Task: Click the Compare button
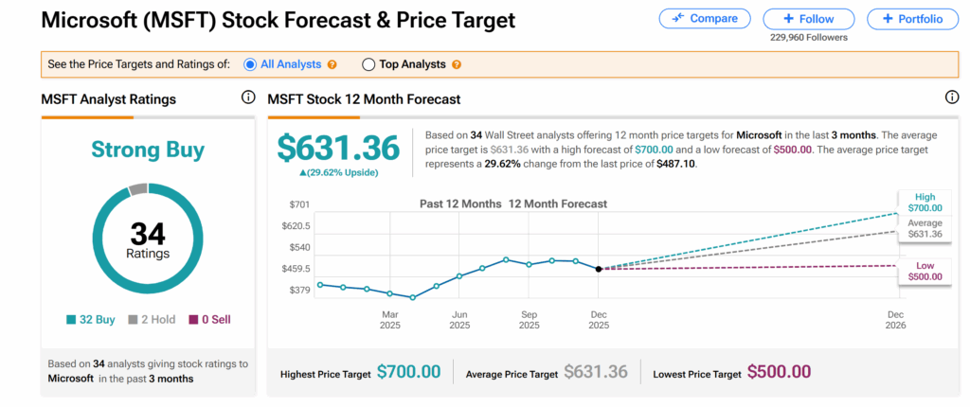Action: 704,19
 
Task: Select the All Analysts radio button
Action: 250,64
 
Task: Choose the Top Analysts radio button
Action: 368,64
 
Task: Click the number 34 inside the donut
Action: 148,233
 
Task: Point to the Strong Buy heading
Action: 148,149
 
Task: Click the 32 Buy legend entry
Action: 92,320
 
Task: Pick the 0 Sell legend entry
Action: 208,320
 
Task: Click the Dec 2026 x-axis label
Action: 895,319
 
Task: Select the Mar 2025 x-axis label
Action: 390,319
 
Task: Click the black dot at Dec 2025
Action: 598,269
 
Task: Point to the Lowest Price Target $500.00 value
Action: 779,372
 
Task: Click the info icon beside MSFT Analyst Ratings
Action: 248,97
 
